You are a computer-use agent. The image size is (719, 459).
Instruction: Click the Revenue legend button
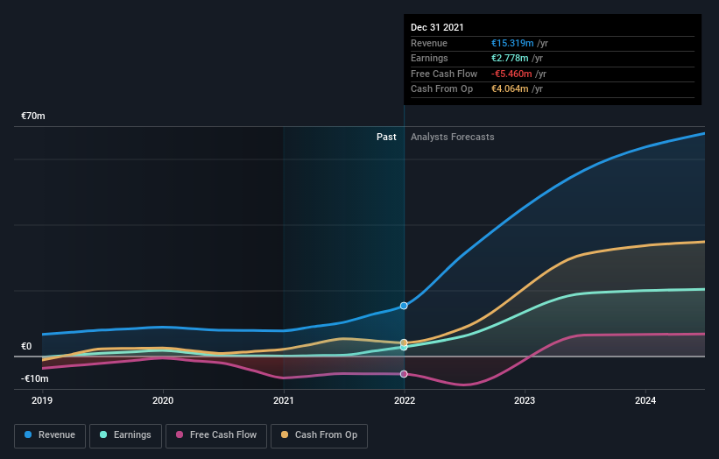pyautogui.click(x=50, y=434)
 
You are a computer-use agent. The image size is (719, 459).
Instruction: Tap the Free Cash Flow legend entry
pyautogui.click(x=216, y=434)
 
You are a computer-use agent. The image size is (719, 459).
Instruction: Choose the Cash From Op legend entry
pyautogui.click(x=319, y=434)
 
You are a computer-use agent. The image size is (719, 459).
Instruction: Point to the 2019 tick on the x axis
pyautogui.click(x=42, y=400)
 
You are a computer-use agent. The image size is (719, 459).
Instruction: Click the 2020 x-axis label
pyautogui.click(x=163, y=400)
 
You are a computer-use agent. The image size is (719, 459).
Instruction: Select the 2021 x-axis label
pyautogui.click(x=284, y=400)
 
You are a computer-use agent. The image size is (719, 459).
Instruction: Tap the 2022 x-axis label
pyautogui.click(x=404, y=400)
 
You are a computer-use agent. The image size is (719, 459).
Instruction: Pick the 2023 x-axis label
pyautogui.click(x=525, y=400)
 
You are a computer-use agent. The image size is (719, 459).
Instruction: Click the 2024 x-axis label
pyautogui.click(x=645, y=400)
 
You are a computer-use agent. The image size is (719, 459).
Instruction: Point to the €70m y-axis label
pyautogui.click(x=33, y=116)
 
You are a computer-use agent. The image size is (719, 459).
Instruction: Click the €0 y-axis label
pyautogui.click(x=26, y=346)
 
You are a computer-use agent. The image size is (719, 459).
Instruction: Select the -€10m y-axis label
pyautogui.click(x=35, y=378)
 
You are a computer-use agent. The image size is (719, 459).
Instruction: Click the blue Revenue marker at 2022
pyautogui.click(x=404, y=306)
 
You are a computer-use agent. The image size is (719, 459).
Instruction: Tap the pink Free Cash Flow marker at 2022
pyautogui.click(x=404, y=374)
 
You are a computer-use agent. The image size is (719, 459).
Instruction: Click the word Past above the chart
pyautogui.click(x=386, y=137)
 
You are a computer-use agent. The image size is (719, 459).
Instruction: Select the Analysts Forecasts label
pyautogui.click(x=452, y=137)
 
